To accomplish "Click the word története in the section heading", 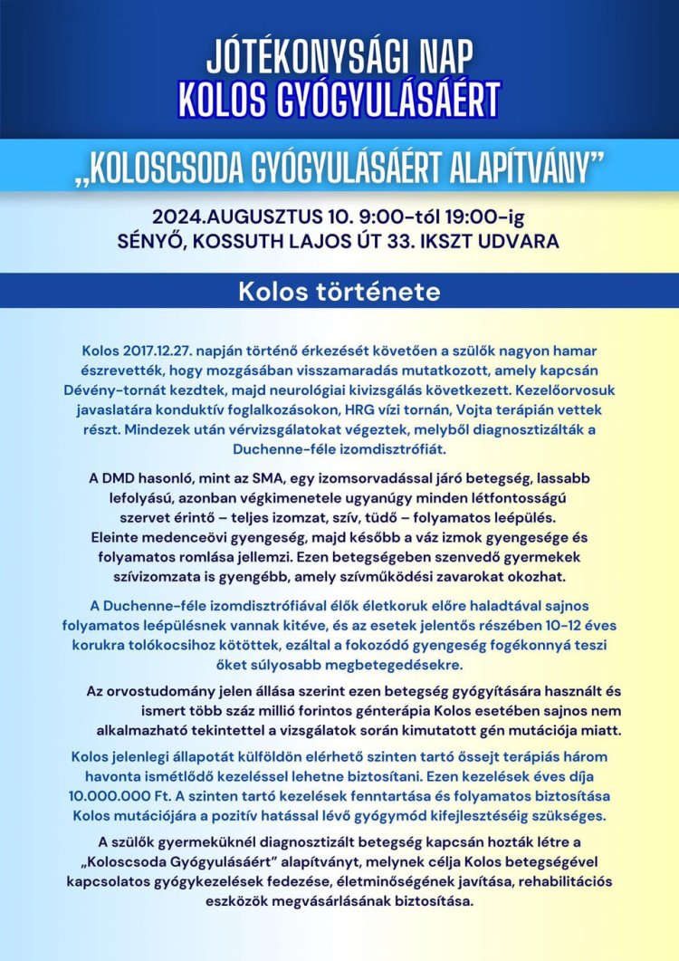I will pos(388,293).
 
